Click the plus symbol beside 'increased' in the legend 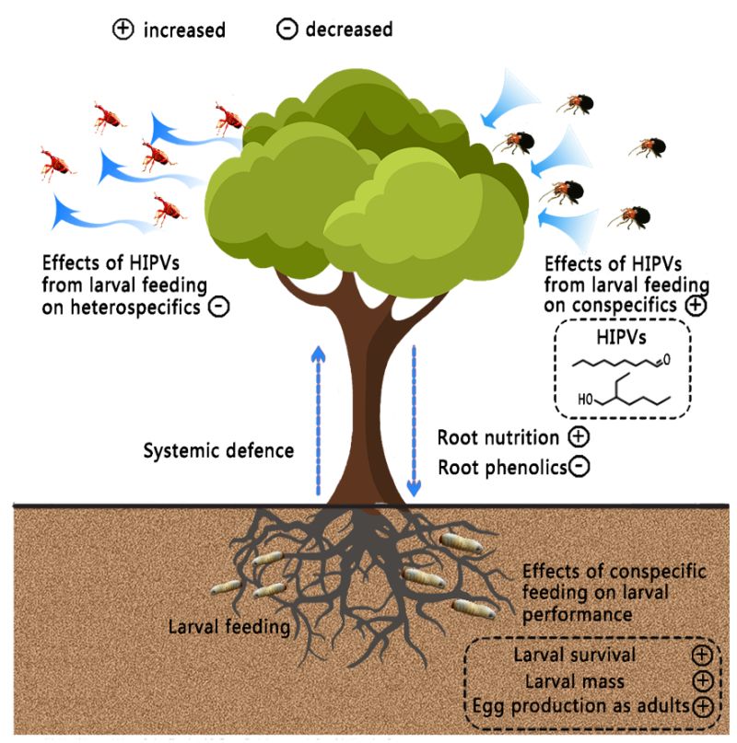point(122,29)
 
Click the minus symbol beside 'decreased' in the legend point(287,29)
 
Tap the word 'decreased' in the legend point(347,29)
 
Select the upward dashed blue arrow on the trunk point(317,414)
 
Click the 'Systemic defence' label point(218,451)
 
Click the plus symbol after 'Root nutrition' point(578,437)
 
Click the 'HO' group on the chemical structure point(583,401)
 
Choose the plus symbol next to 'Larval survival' point(702,656)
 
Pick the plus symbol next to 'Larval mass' point(702,681)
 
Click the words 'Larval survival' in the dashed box point(575,656)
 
